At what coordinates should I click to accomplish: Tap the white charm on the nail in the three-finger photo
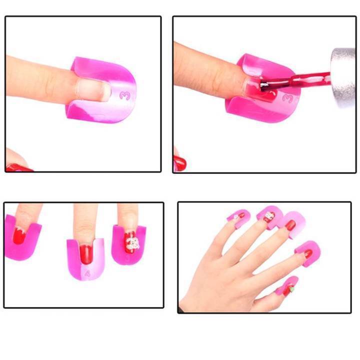[x=131, y=244]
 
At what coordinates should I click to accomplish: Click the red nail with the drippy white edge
[x=19, y=235]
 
